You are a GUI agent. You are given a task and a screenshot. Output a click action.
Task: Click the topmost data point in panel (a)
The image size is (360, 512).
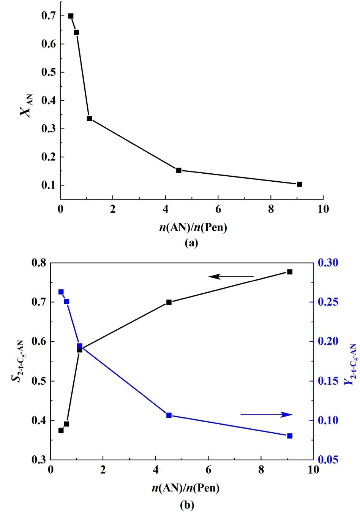[x=71, y=16]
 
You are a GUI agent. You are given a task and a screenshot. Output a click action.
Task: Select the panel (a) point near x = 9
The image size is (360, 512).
[x=300, y=184]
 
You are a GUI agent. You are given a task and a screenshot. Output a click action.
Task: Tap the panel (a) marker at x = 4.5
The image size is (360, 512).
[x=179, y=170]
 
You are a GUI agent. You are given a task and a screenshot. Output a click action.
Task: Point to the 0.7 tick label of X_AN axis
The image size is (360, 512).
[x=48, y=16]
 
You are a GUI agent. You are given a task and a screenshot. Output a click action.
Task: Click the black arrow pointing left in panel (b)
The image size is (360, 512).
[x=231, y=277]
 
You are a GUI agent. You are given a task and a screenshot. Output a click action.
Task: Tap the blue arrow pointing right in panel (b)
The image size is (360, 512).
[x=266, y=415]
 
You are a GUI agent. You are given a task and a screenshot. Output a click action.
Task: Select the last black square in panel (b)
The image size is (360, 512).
[x=290, y=272]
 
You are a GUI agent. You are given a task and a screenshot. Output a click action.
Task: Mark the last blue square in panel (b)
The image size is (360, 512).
[x=290, y=436]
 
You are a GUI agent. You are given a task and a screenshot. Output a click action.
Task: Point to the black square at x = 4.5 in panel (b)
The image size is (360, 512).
[x=169, y=302]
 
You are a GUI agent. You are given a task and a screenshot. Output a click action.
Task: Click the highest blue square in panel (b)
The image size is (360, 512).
[x=61, y=292]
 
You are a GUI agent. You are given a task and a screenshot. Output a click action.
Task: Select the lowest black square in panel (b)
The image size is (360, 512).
[x=61, y=430]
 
